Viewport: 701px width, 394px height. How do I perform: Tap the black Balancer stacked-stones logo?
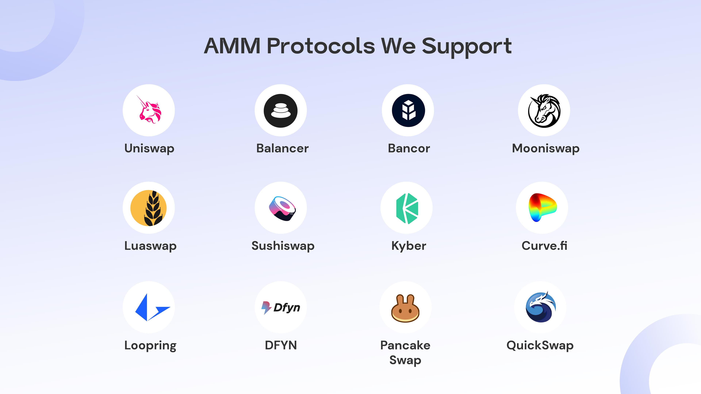coord(281,111)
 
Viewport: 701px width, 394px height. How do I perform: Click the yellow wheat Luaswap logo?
coord(149,208)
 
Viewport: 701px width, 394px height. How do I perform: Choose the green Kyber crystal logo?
coord(407,208)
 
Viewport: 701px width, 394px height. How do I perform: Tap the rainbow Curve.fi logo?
coord(543,207)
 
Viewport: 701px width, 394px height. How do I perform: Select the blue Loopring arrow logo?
coord(152,308)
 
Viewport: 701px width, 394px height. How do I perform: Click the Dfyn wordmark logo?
coord(281,308)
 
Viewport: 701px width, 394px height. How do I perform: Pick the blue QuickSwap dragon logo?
coord(541,307)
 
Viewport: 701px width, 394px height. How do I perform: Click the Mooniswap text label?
coord(546,148)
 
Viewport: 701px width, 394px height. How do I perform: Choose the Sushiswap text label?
coord(283,246)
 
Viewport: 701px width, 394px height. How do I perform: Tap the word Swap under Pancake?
coord(405,360)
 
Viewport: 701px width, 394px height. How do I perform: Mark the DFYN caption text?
coord(281,345)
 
